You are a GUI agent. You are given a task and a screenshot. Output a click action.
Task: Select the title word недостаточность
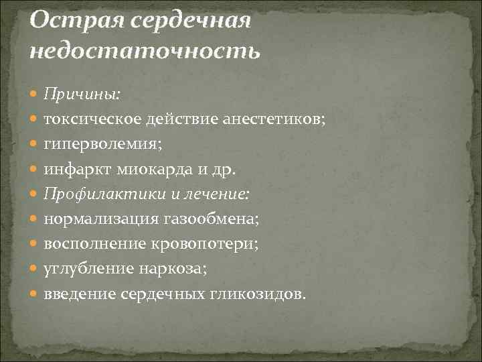(143, 50)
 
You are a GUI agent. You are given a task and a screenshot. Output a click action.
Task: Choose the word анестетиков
(272, 119)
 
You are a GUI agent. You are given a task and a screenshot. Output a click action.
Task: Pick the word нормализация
(100, 218)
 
